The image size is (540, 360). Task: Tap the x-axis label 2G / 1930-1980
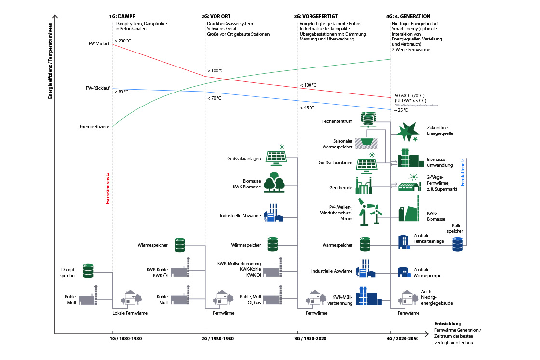tap(217, 339)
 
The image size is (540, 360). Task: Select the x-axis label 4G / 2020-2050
tap(403, 339)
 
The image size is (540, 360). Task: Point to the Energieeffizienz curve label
tap(95, 127)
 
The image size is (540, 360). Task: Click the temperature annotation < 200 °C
tap(123, 40)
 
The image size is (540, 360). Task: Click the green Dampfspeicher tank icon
tap(88, 271)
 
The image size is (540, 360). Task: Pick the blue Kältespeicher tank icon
tap(458, 245)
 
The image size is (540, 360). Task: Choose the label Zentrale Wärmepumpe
tap(428, 272)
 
